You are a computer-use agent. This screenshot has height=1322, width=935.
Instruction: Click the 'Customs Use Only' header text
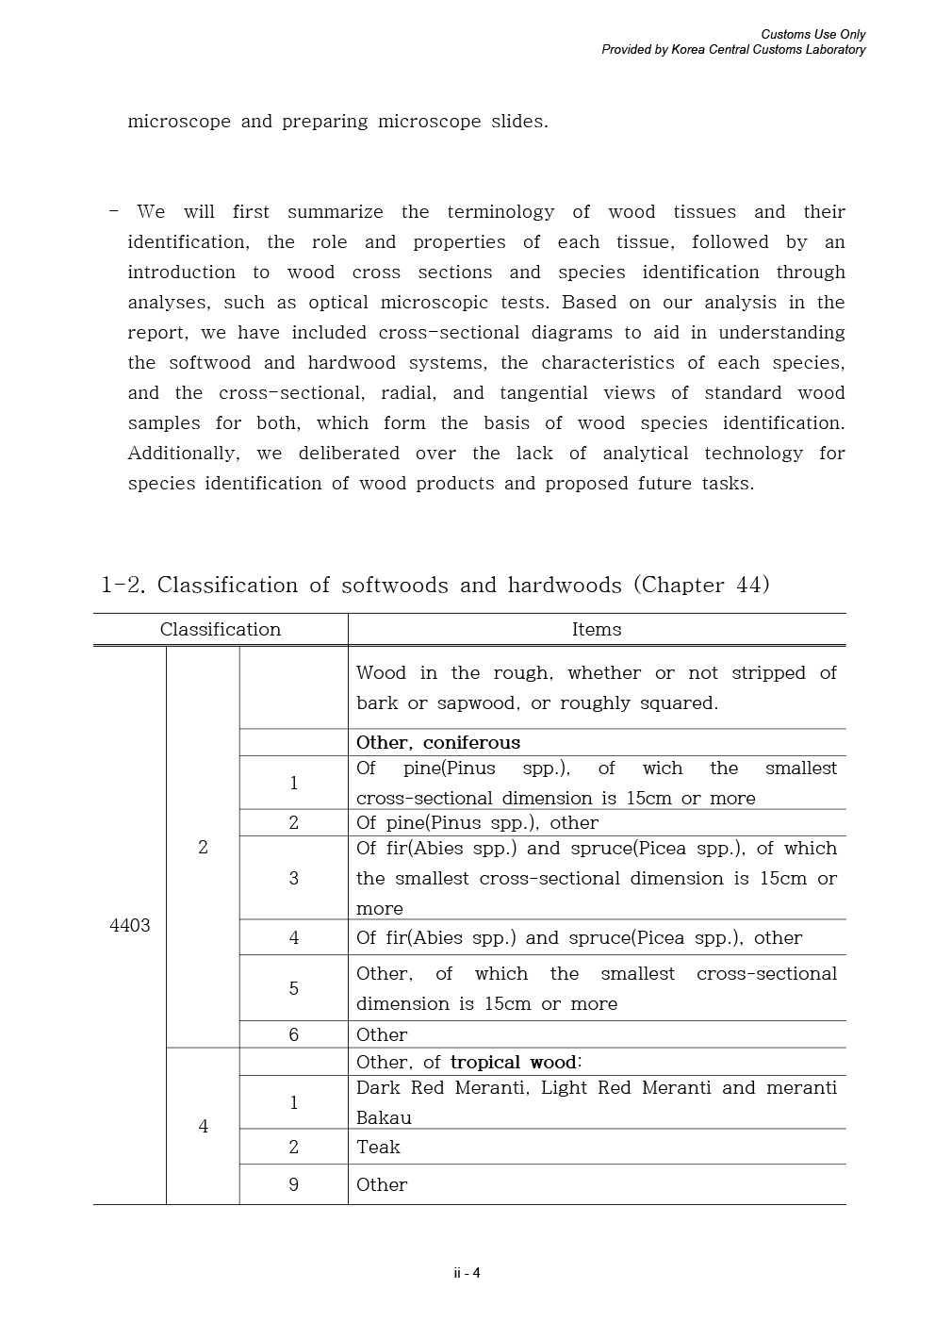tap(812, 35)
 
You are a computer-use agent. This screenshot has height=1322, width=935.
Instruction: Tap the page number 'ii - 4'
tap(467, 1273)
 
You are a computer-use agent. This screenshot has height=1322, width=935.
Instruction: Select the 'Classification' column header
tap(220, 630)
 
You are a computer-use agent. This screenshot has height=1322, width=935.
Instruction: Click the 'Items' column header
tap(597, 630)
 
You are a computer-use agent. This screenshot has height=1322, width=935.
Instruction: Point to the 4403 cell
tap(130, 925)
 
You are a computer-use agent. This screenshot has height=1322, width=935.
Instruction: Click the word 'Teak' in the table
tap(378, 1147)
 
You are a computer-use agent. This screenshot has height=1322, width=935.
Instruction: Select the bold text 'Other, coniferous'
tap(438, 742)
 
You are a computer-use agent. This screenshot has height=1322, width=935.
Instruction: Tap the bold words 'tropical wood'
tap(513, 1062)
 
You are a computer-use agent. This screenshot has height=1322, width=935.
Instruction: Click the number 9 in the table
tap(293, 1184)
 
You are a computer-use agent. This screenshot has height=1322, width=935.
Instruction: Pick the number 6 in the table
tap(293, 1034)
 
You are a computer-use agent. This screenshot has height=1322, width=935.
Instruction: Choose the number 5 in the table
tap(293, 988)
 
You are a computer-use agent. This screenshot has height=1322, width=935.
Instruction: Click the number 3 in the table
tap(293, 878)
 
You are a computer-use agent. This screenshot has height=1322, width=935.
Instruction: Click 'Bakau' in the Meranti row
tap(384, 1117)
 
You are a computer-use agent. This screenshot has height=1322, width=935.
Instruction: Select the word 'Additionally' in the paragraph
tap(183, 454)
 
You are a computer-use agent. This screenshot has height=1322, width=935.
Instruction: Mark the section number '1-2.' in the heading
tap(123, 585)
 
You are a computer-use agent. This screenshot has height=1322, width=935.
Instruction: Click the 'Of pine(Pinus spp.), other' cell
tap(477, 822)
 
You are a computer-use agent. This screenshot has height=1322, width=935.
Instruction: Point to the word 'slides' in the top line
tap(517, 122)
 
